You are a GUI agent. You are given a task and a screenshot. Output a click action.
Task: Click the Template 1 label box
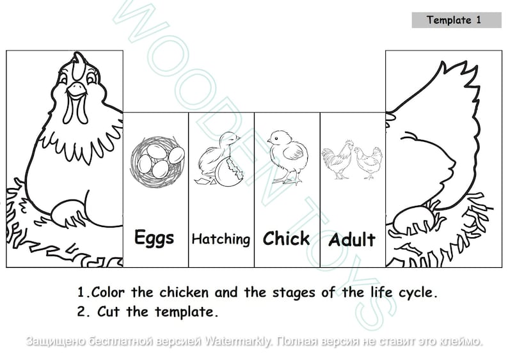[x=456, y=20]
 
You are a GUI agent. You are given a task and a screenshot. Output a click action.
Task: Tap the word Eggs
[x=154, y=238]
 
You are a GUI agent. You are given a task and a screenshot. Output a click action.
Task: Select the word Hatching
[x=221, y=239]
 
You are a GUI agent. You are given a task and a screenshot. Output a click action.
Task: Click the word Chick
[x=286, y=239]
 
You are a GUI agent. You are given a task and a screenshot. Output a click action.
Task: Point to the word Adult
[x=352, y=240]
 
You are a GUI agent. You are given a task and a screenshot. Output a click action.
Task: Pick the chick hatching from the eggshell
[x=219, y=160]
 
